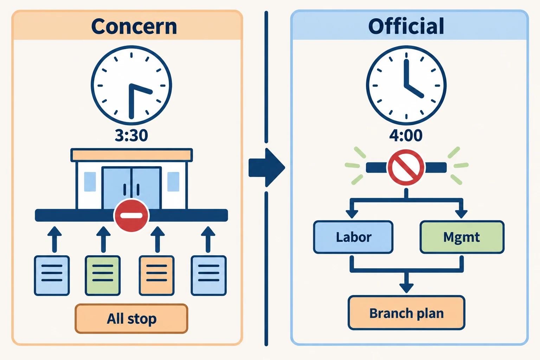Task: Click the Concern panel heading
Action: [134, 26]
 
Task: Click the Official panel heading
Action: [406, 26]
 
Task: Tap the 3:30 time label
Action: [131, 135]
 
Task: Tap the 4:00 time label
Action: [406, 135]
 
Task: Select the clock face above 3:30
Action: [131, 85]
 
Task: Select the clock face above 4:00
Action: [406, 85]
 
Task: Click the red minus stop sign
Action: [131, 215]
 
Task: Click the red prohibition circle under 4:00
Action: [406, 167]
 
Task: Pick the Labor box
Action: [353, 237]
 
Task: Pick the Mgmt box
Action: [462, 237]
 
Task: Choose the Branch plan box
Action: [406, 313]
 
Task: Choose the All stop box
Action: [131, 319]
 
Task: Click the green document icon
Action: [103, 276]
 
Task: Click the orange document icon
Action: [156, 276]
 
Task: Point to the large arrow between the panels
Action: [266, 167]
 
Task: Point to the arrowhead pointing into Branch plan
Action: [406, 288]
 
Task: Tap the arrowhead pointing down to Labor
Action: [352, 214]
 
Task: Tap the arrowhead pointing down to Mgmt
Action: [461, 214]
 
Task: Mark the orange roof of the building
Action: [131, 155]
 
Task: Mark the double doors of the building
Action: [131, 188]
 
